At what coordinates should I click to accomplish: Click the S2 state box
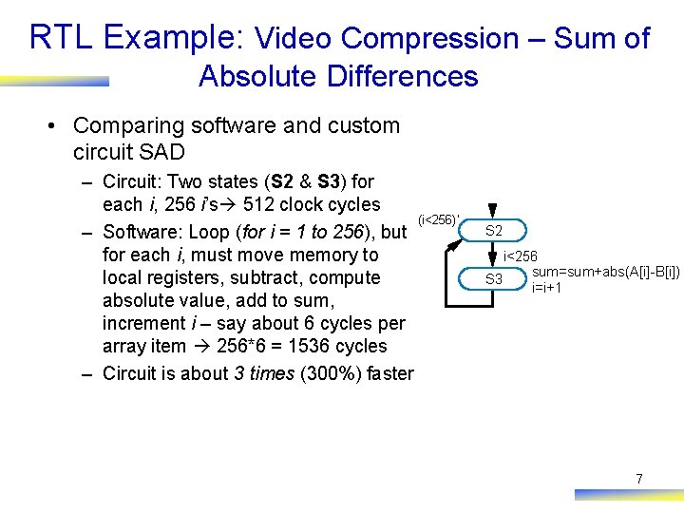[494, 231]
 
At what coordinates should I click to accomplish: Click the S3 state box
[494, 279]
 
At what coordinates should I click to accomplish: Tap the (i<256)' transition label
[439, 220]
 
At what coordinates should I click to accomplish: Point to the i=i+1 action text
[546, 287]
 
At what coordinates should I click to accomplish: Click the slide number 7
[638, 480]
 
